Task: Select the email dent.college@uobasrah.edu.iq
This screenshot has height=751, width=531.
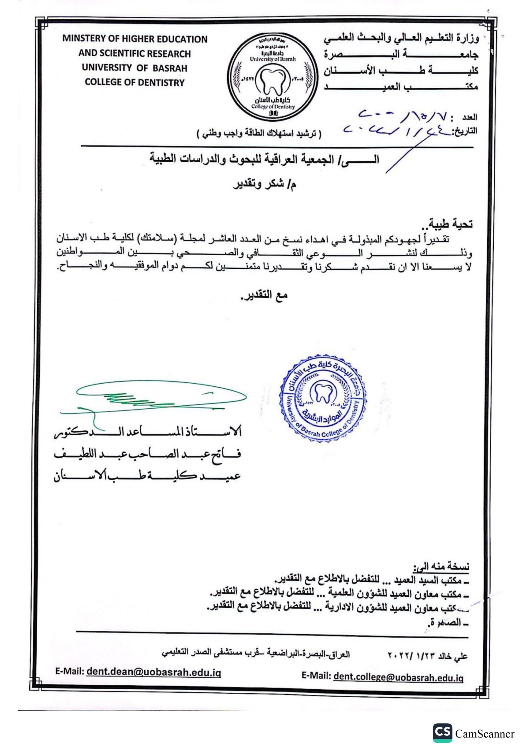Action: click(398, 677)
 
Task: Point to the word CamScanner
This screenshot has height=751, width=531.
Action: click(485, 734)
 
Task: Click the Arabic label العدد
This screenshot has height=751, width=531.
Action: click(469, 117)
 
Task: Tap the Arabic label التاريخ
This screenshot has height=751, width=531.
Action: click(465, 131)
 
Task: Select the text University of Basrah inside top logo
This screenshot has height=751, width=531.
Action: click(272, 59)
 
